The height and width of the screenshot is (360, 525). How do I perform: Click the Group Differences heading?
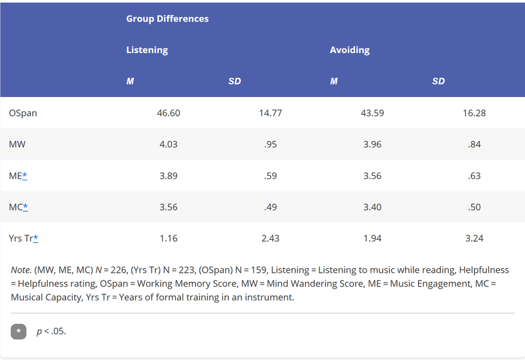pyautogui.click(x=167, y=19)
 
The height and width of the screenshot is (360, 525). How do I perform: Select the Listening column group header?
pyautogui.click(x=147, y=50)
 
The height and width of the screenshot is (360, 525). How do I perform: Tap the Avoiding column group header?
pyautogui.click(x=350, y=50)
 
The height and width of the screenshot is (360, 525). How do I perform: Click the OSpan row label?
pyautogui.click(x=23, y=113)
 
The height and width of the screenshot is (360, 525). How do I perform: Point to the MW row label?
pyautogui.click(x=17, y=144)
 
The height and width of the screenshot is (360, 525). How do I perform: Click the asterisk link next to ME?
pyautogui.click(x=24, y=176)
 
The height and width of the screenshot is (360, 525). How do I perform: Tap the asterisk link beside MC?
pyautogui.click(x=25, y=207)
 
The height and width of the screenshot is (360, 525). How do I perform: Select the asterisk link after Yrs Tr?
pyautogui.click(x=35, y=238)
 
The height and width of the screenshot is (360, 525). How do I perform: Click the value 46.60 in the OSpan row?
pyautogui.click(x=169, y=113)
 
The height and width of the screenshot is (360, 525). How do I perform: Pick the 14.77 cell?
pyautogui.click(x=270, y=113)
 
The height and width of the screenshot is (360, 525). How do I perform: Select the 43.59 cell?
pyautogui.click(x=372, y=113)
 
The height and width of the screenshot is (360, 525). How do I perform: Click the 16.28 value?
pyautogui.click(x=474, y=113)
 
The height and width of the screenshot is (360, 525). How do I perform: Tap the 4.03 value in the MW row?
pyautogui.click(x=169, y=144)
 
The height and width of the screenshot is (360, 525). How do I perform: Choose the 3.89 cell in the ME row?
pyautogui.click(x=169, y=176)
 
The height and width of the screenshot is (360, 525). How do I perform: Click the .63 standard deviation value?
pyautogui.click(x=474, y=176)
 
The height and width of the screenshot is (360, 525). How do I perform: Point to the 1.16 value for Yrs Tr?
pyautogui.click(x=169, y=238)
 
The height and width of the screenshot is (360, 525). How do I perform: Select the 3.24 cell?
pyautogui.click(x=474, y=238)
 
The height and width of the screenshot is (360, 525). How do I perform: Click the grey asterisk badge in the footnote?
pyautogui.click(x=18, y=332)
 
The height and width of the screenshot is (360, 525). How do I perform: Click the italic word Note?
pyautogui.click(x=21, y=270)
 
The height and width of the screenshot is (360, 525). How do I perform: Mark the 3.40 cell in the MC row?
pyautogui.click(x=372, y=207)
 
